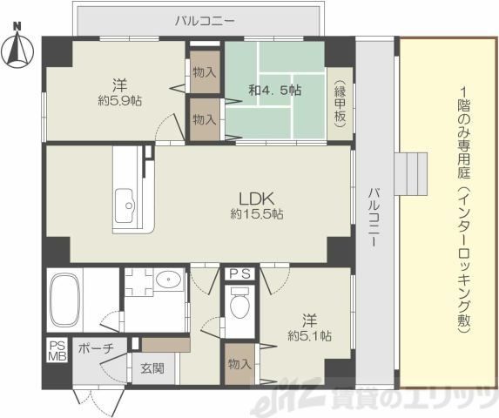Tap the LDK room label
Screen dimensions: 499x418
pos(257,199)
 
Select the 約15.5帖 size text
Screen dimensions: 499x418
pos(257,214)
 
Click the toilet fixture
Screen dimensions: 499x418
pos(239,303)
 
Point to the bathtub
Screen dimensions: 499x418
pos(65,300)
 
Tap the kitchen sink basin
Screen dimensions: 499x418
pos(125,206)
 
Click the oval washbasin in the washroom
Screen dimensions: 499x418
pos(168,279)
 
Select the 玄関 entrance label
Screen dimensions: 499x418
pos(152,368)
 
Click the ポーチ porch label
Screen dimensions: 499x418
pos(96,348)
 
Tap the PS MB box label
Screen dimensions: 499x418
pos(57,351)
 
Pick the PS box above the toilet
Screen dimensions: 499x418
pos(240,274)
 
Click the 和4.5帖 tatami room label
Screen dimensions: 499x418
pos(275,91)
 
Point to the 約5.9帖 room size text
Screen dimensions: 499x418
pos(120,101)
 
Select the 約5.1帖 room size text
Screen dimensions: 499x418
pos(309,335)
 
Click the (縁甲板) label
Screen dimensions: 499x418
pos(340,104)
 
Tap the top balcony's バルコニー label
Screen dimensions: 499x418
pos(206,21)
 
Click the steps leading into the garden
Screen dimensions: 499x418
pos(411,173)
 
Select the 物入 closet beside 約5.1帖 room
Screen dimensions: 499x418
pos(240,364)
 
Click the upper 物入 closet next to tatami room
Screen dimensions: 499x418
pos(205,72)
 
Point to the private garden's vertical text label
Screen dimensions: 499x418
pos(464,211)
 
